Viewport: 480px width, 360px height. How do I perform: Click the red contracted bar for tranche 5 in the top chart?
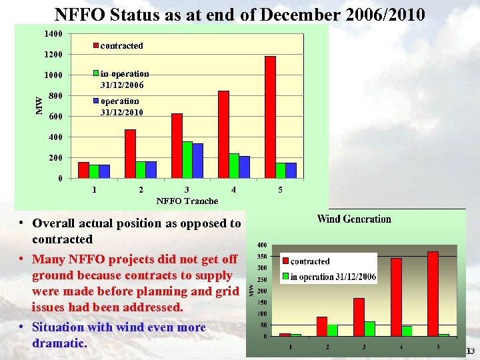270,117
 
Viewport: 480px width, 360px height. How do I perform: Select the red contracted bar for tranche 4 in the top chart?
223,135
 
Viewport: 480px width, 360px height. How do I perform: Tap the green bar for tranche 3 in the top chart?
187,160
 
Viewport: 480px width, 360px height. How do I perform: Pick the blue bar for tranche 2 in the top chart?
151,170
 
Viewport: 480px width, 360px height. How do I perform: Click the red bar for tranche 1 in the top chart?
83,171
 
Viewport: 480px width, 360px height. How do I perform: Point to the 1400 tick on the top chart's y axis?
54,34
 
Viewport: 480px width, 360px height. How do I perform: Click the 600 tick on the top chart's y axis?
56,117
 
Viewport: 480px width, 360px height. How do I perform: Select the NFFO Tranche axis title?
187,201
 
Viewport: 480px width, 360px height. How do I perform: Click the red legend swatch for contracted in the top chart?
96,46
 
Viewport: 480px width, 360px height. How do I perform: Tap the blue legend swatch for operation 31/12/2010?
96,101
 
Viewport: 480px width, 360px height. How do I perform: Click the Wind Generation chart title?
354,219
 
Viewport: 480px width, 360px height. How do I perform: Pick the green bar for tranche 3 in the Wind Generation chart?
369,329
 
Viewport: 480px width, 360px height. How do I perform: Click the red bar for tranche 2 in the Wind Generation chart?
321,326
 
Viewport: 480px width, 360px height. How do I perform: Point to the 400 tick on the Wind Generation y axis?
263,245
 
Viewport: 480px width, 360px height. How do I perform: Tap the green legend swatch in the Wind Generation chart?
286,277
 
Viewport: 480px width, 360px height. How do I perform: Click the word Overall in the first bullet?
54,223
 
